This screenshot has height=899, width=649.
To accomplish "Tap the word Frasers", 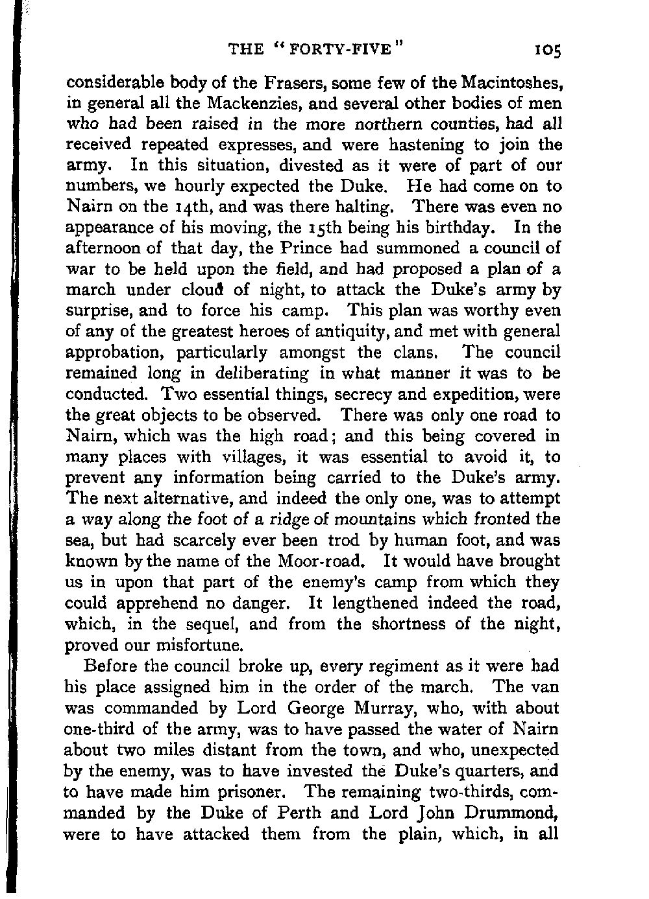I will pos(271,83).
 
